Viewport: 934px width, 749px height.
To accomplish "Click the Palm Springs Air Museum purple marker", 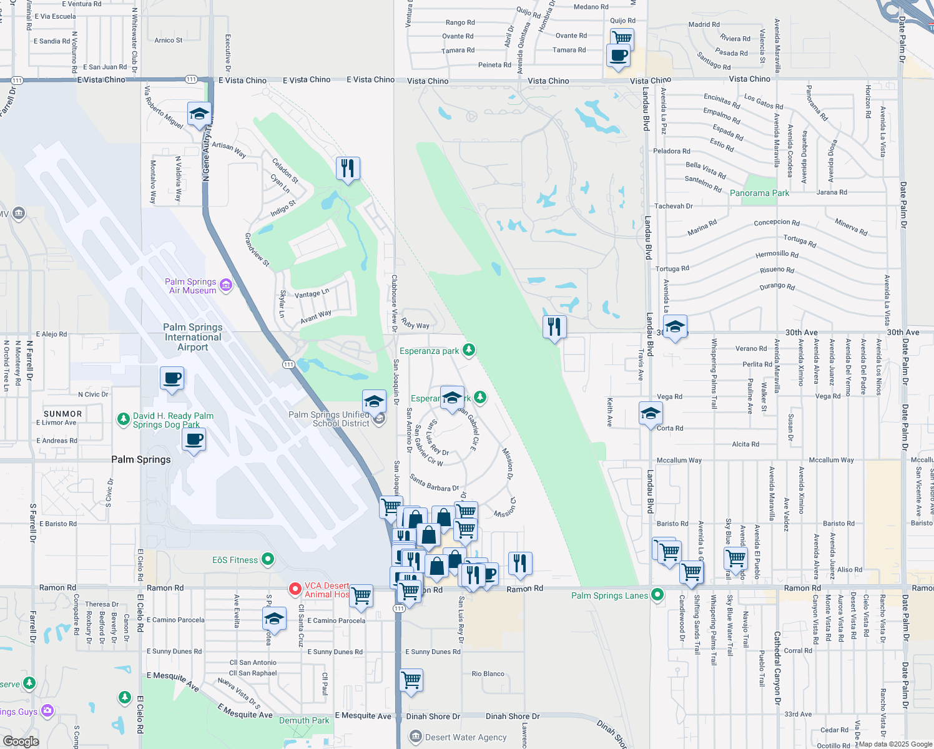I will (x=226, y=285).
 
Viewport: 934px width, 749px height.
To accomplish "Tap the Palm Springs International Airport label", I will (x=192, y=337).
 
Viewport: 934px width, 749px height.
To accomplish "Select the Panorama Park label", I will (x=759, y=193).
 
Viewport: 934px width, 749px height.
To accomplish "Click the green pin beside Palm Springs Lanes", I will (x=657, y=595).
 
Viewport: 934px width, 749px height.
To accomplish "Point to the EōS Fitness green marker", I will (x=268, y=559).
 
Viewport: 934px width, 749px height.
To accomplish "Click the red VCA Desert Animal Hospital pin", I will (x=295, y=589).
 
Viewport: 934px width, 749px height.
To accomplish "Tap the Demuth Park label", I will (x=304, y=720).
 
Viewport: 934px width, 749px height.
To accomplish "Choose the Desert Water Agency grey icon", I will (x=416, y=737).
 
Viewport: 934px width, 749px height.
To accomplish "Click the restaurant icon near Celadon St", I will (x=348, y=168).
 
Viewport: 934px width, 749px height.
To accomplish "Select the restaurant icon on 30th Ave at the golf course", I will (x=554, y=326).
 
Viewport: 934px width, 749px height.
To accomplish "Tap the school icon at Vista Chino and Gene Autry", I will (x=199, y=114).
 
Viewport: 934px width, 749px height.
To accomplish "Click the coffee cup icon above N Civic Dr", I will (x=172, y=378).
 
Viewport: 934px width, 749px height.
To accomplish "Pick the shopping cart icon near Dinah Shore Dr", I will (x=411, y=680).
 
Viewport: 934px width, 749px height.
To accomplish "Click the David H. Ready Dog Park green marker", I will (x=124, y=419).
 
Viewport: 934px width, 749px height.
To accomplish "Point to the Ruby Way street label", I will (x=415, y=323).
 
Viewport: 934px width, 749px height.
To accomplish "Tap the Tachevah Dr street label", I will (x=673, y=206).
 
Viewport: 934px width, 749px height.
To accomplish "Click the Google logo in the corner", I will (x=21, y=741).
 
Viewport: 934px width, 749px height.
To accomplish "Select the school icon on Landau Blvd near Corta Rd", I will (x=651, y=413).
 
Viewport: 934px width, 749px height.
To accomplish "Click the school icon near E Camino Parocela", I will (x=274, y=619).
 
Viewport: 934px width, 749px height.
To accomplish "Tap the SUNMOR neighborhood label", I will (x=63, y=414).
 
